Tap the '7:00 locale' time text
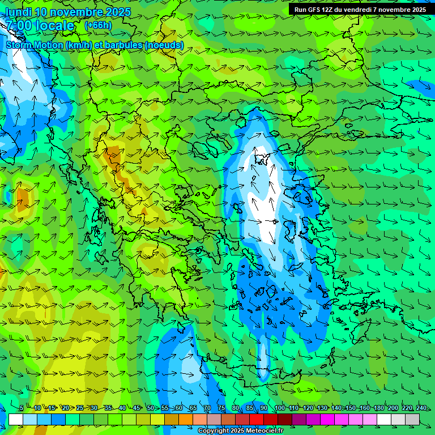tap(40, 25)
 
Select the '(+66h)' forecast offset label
tap(98, 25)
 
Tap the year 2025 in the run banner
tap(417, 10)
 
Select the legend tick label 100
tap(279, 408)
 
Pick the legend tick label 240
tap(421, 408)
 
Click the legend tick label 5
tap(22, 408)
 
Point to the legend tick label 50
tap(151, 408)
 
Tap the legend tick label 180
tap(378, 408)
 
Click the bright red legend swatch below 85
tap(257, 419)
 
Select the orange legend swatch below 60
tap(186, 419)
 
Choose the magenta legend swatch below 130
tap(327, 419)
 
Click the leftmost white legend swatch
tap(16, 419)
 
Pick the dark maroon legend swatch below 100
tap(285, 419)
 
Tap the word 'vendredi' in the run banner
tap(354, 10)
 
